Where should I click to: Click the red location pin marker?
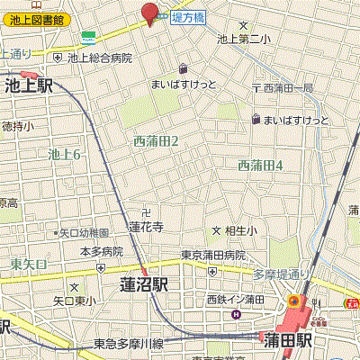tap(149, 13)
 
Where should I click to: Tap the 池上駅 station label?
tap(29, 86)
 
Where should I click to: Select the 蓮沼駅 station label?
tap(145, 284)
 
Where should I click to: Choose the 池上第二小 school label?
tap(243, 39)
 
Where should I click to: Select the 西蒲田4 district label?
tap(261, 166)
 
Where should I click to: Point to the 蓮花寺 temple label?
tap(145, 228)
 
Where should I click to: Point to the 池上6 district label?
tap(65, 155)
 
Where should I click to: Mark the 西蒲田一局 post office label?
tap(288, 88)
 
